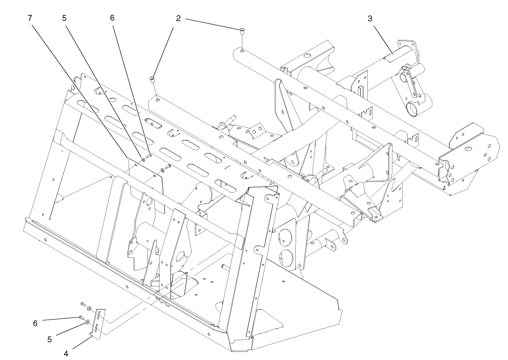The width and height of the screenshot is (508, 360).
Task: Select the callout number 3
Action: pos(370,18)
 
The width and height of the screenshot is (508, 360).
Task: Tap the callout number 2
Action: pos(178,18)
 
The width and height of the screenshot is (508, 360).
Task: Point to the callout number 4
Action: pos(66,353)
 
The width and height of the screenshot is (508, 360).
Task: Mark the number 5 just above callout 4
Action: pos(50,339)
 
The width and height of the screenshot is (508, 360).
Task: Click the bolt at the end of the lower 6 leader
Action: pos(82,318)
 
